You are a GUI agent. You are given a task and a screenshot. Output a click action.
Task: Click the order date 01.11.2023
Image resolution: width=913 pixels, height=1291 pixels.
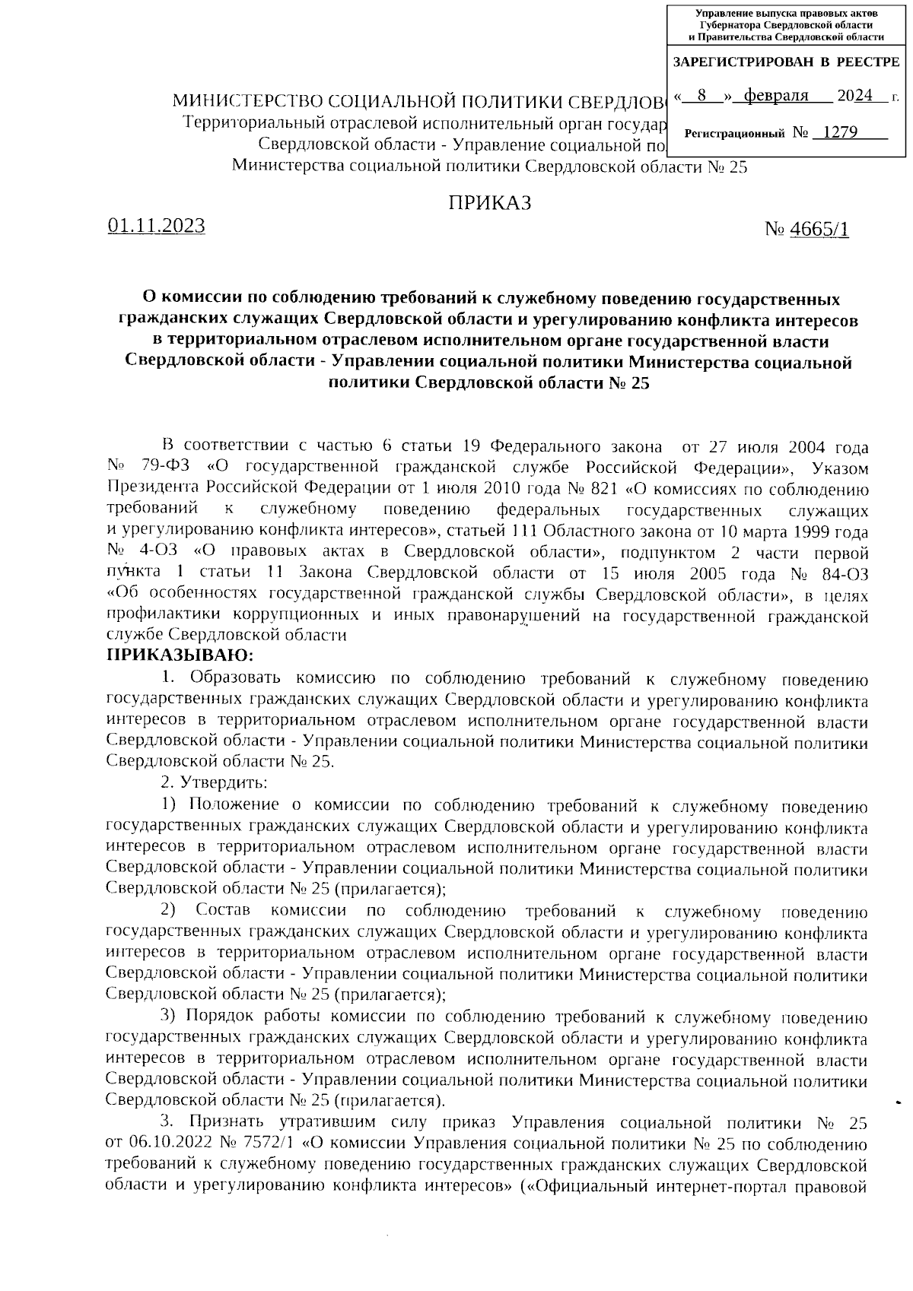157,226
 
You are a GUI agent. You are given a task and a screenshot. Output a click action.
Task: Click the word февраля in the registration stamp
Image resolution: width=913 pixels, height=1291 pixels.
775,96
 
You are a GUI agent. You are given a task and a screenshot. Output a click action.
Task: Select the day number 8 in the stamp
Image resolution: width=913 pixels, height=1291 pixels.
701,96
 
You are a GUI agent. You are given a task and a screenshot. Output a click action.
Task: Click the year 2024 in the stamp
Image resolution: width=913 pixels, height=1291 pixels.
855,96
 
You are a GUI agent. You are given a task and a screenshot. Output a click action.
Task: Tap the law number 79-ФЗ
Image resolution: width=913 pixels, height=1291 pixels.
168,467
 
